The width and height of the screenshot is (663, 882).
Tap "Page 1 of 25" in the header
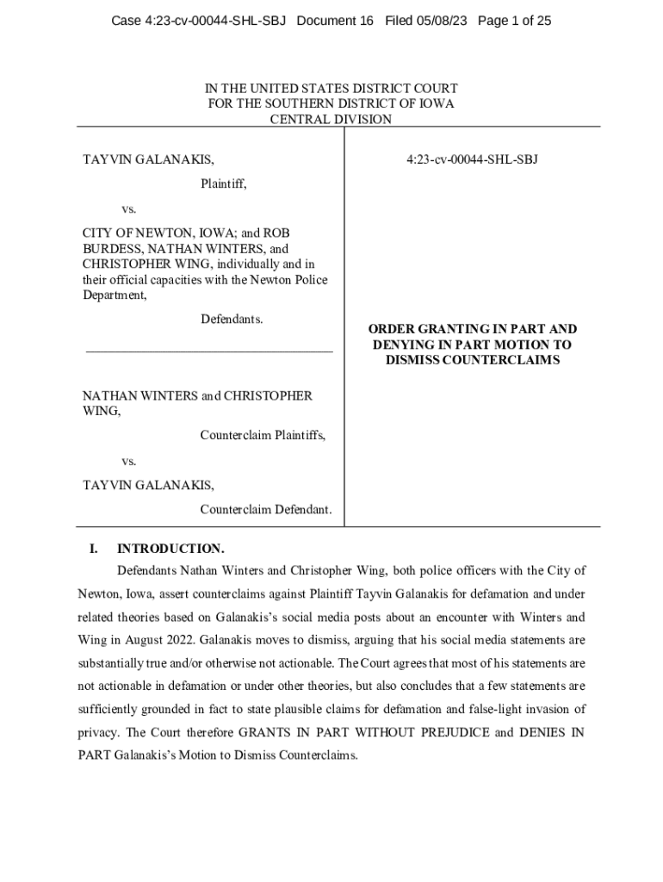[515, 20]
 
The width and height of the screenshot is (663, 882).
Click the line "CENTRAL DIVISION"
[331, 120]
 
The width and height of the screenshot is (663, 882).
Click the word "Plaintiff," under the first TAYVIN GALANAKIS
[224, 183]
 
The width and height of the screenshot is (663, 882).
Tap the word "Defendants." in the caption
[232, 320]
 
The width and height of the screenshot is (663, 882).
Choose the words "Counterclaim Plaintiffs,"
[263, 435]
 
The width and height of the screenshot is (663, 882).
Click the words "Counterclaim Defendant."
[266, 510]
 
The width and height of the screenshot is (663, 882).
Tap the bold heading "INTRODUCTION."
[170, 549]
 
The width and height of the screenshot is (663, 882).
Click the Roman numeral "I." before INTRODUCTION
[95, 549]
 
